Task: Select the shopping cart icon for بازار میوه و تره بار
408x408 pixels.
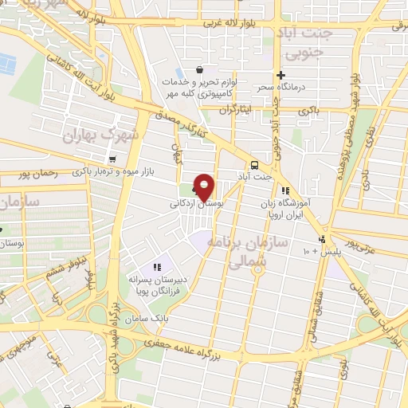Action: [x=113, y=159]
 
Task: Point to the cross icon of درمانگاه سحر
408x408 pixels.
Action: [x=280, y=75]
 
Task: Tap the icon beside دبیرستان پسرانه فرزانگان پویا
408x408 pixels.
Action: [x=156, y=268]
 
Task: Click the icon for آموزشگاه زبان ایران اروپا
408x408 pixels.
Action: [x=284, y=191]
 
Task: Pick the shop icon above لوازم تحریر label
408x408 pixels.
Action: [x=198, y=69]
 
